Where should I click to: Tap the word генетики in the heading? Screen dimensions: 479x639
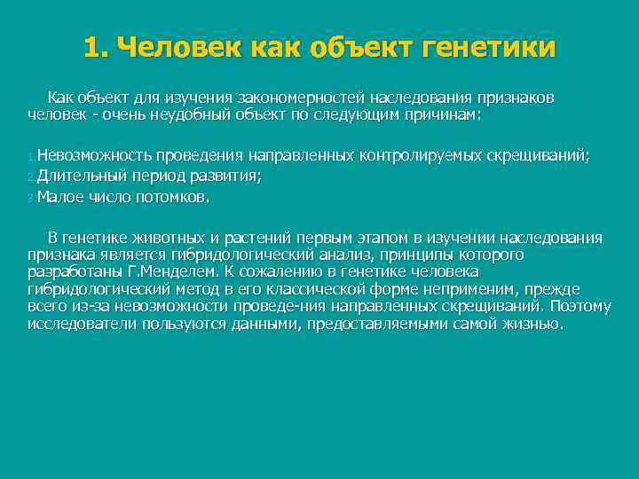487,47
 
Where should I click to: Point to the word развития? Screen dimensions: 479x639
228,176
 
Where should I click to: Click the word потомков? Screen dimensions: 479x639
174,197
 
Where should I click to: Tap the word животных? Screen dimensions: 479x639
170,238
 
